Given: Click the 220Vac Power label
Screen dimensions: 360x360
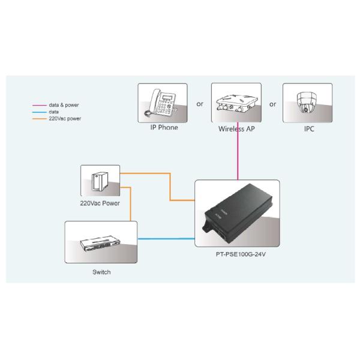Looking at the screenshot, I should click(100, 203).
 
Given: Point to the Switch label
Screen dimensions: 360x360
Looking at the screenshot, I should click(101, 272).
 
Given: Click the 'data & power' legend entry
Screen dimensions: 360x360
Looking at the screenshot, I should click(64, 105).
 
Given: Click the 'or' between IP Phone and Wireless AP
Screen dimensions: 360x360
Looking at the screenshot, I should click(199, 103).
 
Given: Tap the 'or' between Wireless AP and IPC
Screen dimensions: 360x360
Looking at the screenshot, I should click(272, 103).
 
